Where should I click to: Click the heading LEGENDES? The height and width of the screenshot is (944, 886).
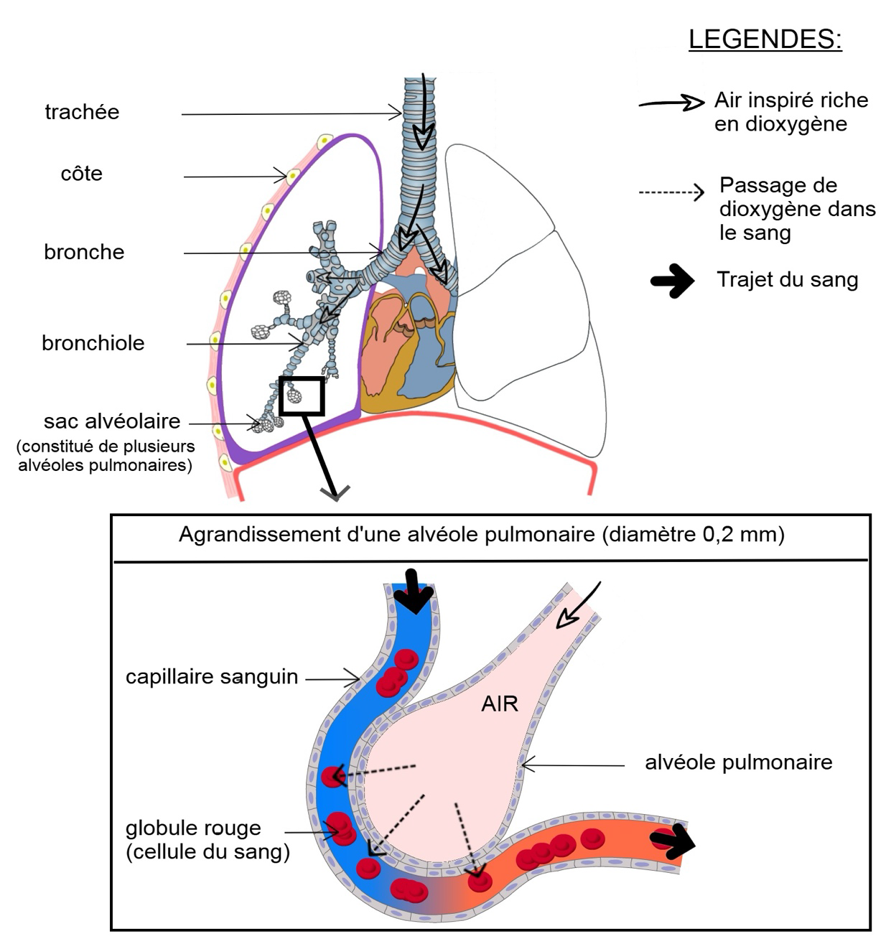(765, 39)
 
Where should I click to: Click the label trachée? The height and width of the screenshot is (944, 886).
(82, 112)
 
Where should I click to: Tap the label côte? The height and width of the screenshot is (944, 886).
(81, 174)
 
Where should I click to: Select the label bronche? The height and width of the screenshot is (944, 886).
(84, 252)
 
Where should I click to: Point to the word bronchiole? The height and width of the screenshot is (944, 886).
(93, 342)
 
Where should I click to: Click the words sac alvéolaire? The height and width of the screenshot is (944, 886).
(112, 421)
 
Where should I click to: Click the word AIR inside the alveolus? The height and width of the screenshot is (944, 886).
(499, 704)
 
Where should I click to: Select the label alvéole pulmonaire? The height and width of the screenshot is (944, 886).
(739, 762)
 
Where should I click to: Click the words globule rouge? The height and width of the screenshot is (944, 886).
(193, 828)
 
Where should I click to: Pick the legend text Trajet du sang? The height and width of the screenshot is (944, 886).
(788, 279)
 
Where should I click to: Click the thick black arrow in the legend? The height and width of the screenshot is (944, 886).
(673, 281)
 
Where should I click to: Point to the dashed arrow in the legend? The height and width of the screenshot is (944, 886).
(671, 192)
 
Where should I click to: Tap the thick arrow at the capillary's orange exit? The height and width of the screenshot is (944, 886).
(673, 842)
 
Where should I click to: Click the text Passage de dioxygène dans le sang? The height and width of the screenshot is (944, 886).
(797, 209)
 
